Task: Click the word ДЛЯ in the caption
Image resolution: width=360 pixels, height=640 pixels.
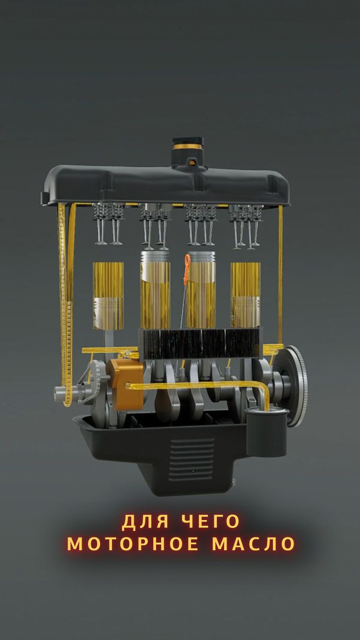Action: (x=141, y=521)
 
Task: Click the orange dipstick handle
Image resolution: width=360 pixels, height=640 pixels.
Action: (x=187, y=270)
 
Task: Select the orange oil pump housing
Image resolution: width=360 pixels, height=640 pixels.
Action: (x=125, y=384)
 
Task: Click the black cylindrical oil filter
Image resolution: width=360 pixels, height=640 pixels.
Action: (x=267, y=432)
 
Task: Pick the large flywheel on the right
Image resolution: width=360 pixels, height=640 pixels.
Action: (x=295, y=386)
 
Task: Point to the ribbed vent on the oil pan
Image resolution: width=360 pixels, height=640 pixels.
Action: (x=192, y=459)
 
